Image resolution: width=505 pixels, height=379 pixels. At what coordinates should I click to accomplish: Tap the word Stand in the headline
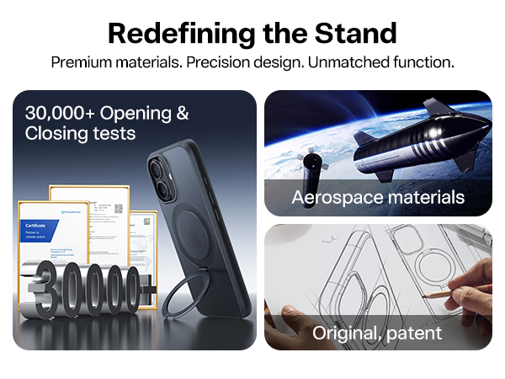[x=354, y=33]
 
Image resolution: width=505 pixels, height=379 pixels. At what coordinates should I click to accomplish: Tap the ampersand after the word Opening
[x=180, y=113]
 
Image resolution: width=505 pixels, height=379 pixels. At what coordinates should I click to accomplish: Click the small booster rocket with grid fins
[x=311, y=164]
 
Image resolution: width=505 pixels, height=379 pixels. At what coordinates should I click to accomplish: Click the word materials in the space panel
[x=426, y=198]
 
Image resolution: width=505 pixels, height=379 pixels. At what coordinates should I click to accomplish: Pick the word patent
[x=412, y=334]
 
